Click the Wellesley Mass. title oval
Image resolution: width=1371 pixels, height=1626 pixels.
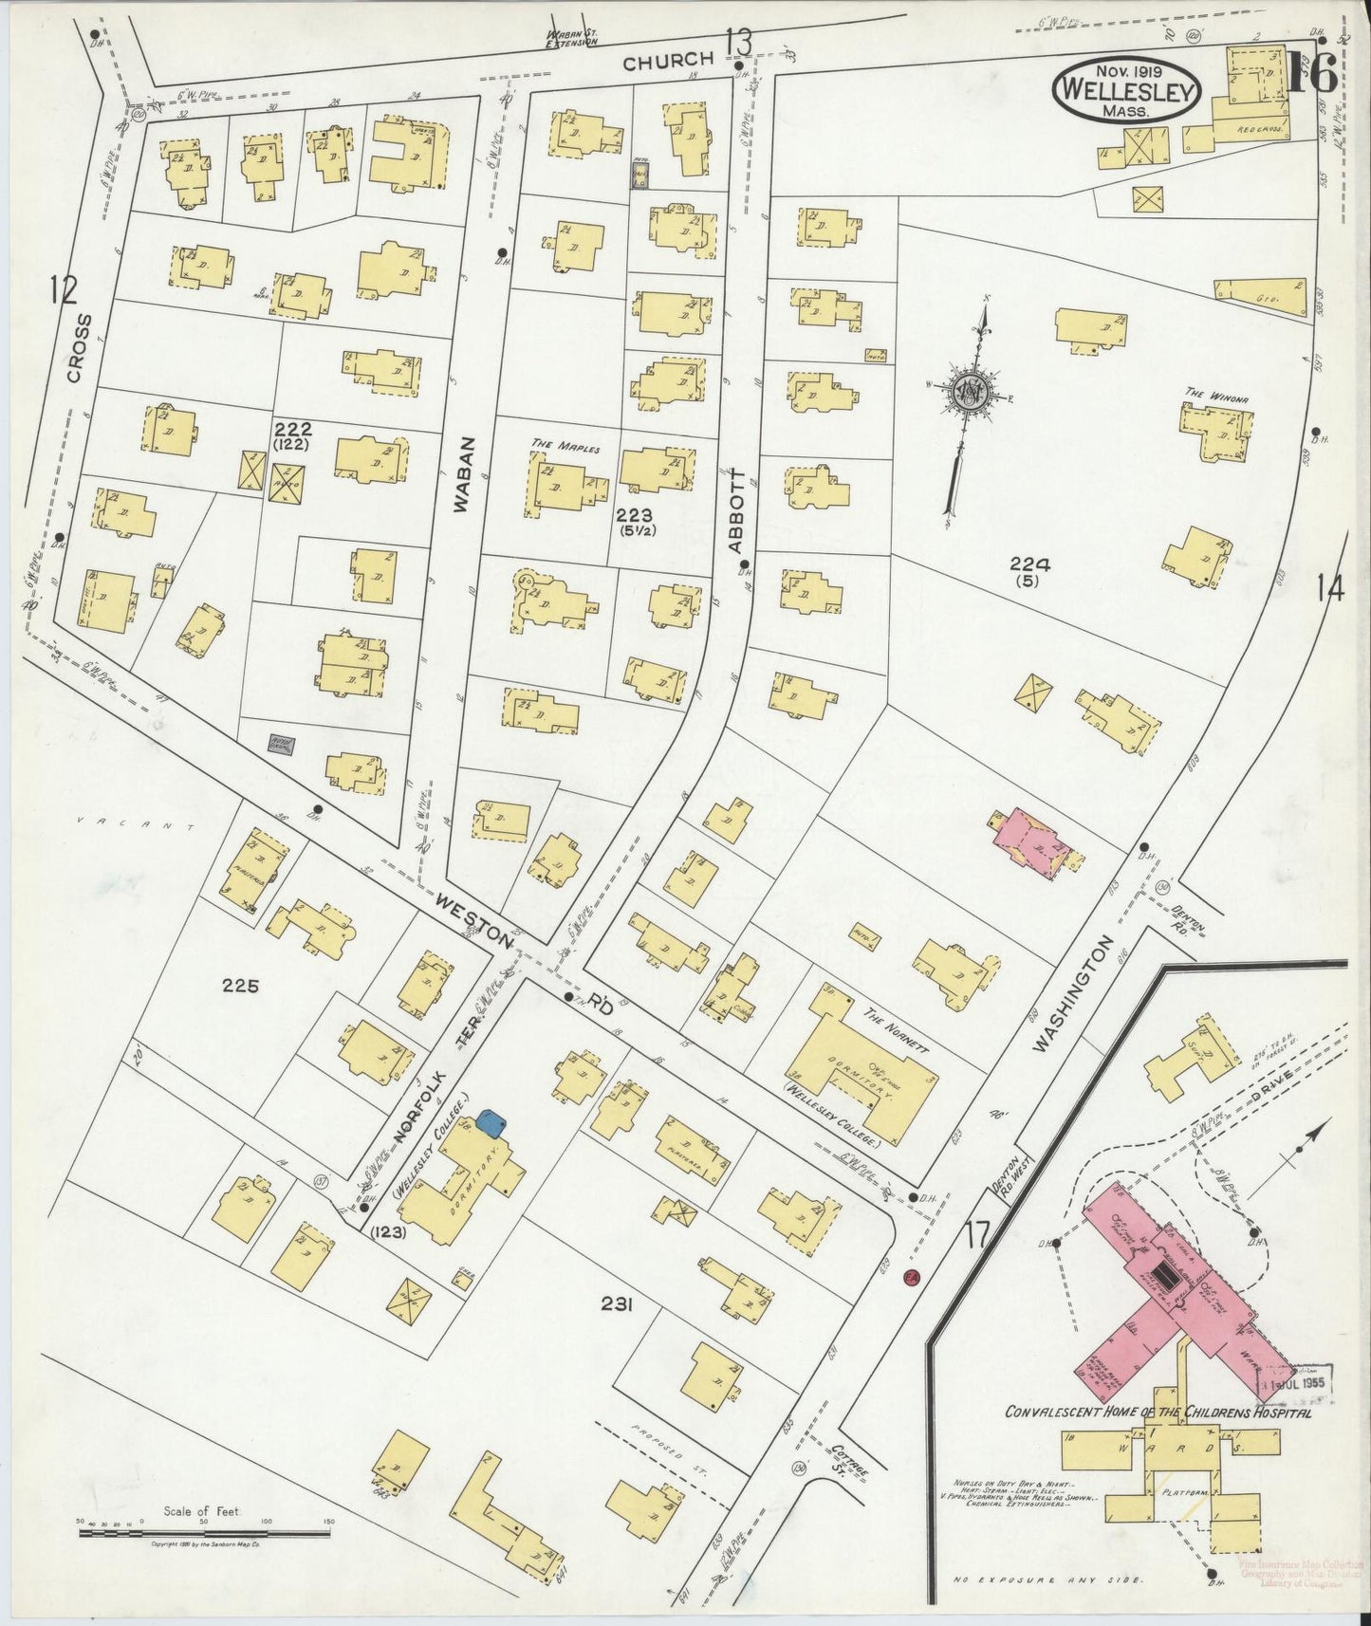point(1126,89)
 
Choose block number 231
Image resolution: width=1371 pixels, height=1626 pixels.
point(617,1305)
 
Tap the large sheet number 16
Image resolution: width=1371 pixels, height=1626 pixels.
point(1312,73)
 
